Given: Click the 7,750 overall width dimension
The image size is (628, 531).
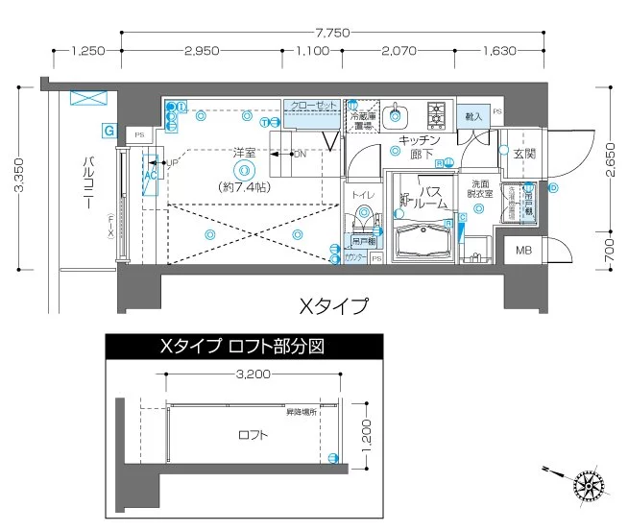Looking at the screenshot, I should click(x=331, y=32).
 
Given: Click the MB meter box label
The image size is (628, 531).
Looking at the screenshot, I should click(x=523, y=252).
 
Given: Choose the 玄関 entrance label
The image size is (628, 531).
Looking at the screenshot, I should click(x=523, y=154).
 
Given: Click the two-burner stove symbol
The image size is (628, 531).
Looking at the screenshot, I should click(x=436, y=116).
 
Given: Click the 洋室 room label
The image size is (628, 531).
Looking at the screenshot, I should click(x=244, y=153).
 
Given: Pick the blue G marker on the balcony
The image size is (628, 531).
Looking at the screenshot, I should click(x=109, y=130).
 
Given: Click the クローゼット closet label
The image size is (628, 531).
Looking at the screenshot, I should click(x=312, y=105).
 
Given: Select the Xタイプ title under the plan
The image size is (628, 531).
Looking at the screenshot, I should click(x=333, y=306).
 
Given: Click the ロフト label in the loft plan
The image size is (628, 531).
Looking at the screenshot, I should click(x=253, y=435).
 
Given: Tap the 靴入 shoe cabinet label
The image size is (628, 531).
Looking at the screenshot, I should click(x=473, y=115).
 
